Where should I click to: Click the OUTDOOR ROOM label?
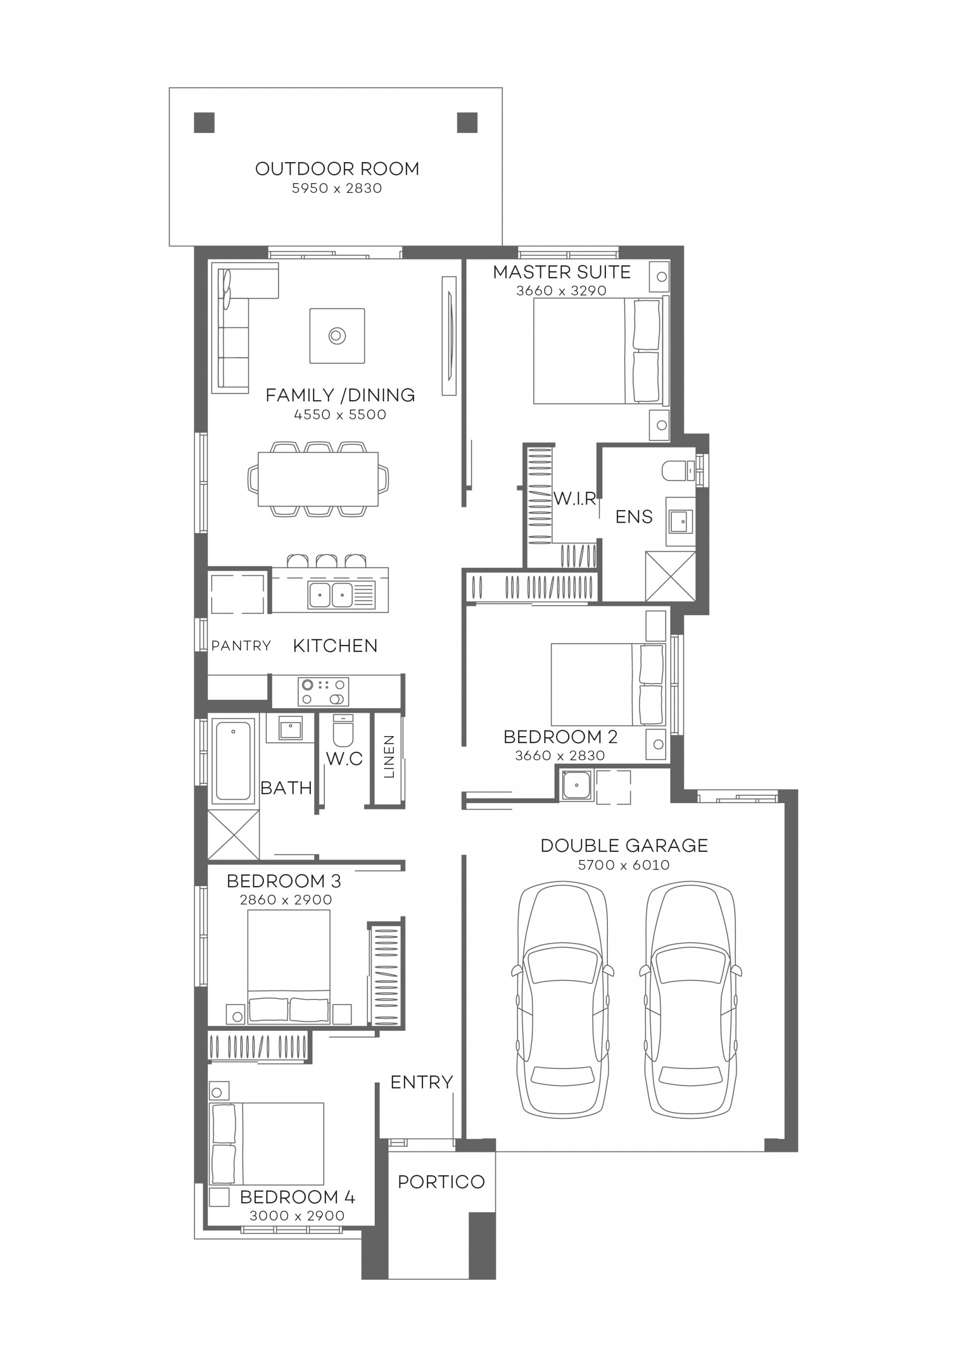click(x=337, y=169)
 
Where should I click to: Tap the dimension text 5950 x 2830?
click(x=337, y=188)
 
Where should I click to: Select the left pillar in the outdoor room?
click(x=204, y=123)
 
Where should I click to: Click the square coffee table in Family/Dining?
click(x=337, y=335)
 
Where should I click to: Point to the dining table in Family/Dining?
click(x=318, y=479)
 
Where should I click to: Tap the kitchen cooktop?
click(x=323, y=691)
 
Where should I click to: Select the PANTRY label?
click(x=241, y=645)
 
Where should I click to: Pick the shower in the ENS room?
click(x=670, y=575)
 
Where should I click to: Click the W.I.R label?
click(x=575, y=498)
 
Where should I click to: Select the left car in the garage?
click(x=563, y=1000)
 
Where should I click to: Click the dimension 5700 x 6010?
click(x=624, y=865)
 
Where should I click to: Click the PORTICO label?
click(x=441, y=1181)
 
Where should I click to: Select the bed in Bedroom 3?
click(x=289, y=965)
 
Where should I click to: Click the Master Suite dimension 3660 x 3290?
click(x=561, y=291)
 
